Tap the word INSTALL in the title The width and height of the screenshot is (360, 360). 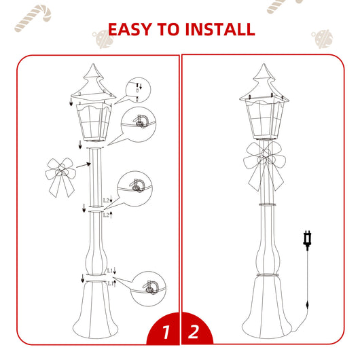[x=218, y=29]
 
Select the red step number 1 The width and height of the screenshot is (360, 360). [x=165, y=333]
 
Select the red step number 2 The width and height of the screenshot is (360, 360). [x=195, y=333]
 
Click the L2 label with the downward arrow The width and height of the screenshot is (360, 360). [x=106, y=200]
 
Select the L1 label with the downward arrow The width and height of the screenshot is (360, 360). [x=111, y=270]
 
